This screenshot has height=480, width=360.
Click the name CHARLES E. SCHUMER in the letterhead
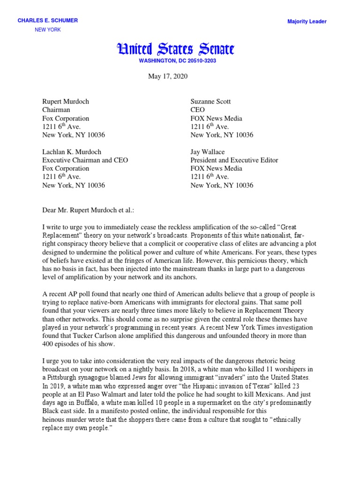pos(48,21)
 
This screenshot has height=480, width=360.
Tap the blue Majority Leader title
pos(307,22)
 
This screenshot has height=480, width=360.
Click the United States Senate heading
pos(175,49)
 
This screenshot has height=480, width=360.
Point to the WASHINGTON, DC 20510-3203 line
pos(177,61)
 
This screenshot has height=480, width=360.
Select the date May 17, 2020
pos(167,76)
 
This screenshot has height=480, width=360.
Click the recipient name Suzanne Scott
pos(210,101)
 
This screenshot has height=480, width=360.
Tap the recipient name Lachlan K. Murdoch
pos(72,152)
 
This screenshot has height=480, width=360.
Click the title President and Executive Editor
pos(234,160)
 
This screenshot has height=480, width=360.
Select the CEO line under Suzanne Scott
pos(197,110)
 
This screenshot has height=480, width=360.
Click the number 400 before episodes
pos(48,345)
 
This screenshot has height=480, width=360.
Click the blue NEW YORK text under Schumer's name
pos(48,30)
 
